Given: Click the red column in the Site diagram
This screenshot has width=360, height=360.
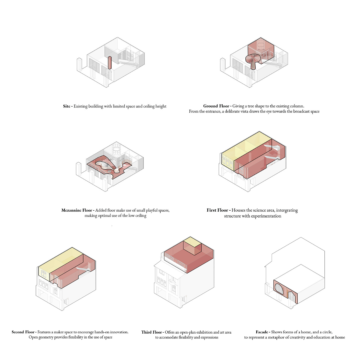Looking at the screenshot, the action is coord(110,63).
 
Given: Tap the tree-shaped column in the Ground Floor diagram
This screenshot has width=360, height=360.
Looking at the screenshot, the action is coord(253,61).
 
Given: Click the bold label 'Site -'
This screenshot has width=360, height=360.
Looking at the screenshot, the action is coord(68,106).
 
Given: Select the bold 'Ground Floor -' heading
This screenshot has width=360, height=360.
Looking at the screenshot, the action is coord(217,106).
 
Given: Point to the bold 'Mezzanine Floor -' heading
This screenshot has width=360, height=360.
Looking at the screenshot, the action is coord(78,210).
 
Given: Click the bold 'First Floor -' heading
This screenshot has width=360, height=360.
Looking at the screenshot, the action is coord(219,210).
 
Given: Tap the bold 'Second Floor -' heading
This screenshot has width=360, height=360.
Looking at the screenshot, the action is coord(24,332).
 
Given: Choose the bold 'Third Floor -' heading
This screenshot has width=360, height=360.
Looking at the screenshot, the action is coord(153,332).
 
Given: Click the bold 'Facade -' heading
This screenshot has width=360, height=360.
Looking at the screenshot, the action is coord(263,332).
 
